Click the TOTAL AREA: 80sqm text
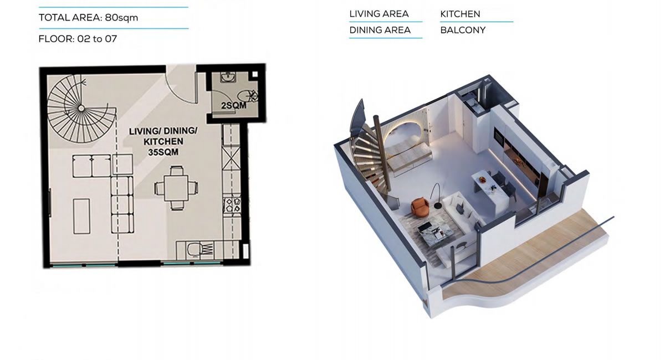(x=89, y=18)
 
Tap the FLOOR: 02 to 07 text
(x=78, y=39)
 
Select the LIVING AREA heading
(x=379, y=14)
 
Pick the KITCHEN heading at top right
(x=460, y=14)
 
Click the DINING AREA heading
(x=380, y=30)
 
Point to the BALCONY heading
(x=463, y=30)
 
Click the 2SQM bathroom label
(x=234, y=105)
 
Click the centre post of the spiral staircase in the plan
(x=81, y=109)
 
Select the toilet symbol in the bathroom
(x=247, y=96)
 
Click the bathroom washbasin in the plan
(x=228, y=77)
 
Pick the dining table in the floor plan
(x=176, y=188)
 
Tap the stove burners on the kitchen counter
(x=232, y=205)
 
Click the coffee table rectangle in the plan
(x=81, y=216)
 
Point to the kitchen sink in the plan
(x=200, y=250)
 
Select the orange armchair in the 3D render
(x=420, y=206)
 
